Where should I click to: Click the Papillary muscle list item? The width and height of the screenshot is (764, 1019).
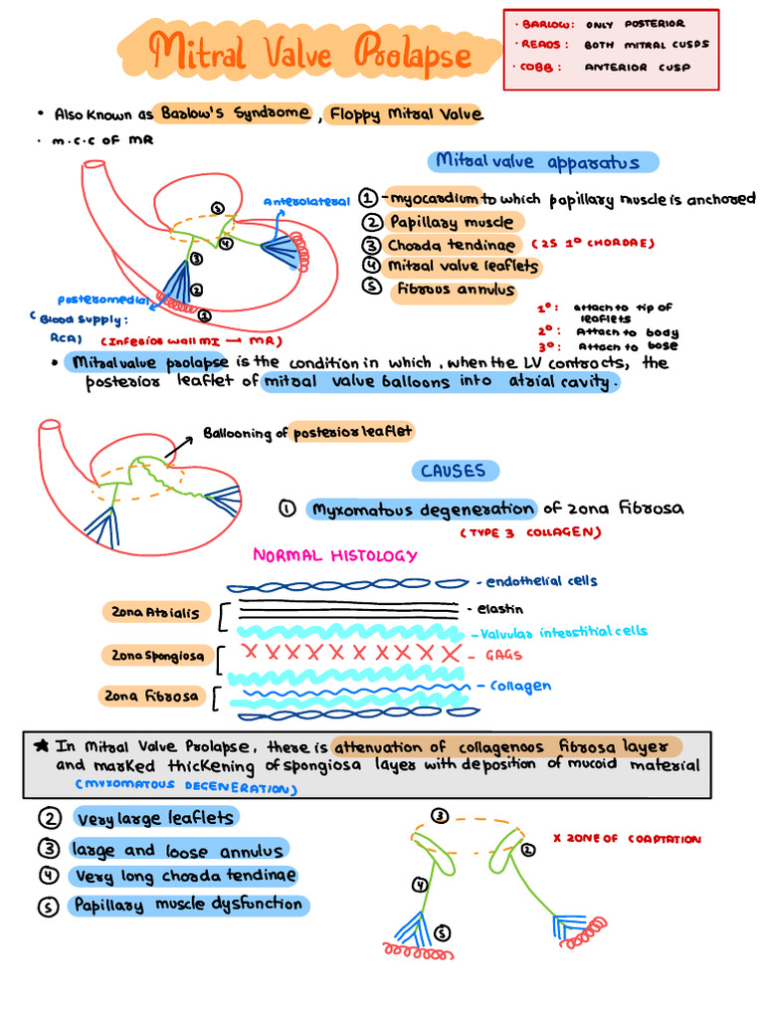pos(452,222)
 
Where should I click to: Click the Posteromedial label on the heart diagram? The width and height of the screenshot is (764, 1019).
pos(103,299)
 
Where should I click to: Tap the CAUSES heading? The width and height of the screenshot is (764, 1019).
pos(453,471)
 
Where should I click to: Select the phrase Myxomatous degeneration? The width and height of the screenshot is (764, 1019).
pos(422,509)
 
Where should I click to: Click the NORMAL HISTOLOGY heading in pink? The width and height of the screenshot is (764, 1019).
pos(335,556)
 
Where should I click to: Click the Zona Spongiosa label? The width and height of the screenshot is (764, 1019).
pos(154,655)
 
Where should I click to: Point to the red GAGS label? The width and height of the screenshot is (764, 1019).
pos(501,656)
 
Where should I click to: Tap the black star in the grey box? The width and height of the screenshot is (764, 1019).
pos(40,744)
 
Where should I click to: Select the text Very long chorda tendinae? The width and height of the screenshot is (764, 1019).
pos(184,876)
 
